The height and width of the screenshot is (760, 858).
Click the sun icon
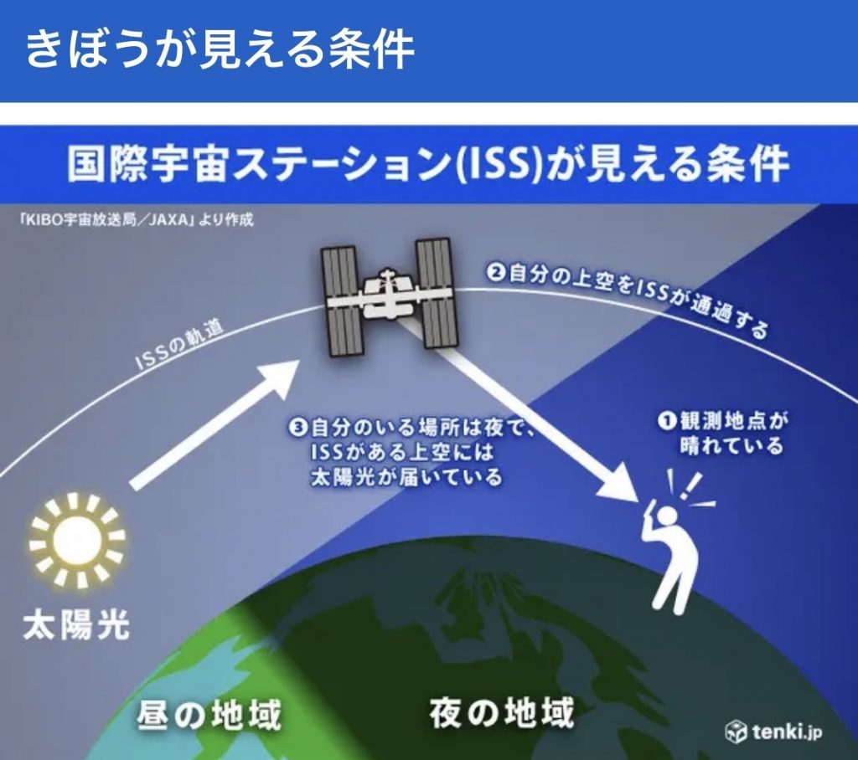(x=77, y=540)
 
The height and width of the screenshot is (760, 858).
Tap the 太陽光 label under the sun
(x=76, y=625)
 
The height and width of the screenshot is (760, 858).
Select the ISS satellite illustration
(x=389, y=297)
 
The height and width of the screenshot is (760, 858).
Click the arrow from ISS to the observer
(x=525, y=414)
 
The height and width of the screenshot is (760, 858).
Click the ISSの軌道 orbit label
(x=179, y=346)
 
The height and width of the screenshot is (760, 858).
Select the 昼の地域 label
(x=209, y=714)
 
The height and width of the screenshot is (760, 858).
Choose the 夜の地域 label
(x=502, y=711)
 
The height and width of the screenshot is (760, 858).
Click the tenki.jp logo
(x=773, y=731)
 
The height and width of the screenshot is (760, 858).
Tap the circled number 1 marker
(x=667, y=421)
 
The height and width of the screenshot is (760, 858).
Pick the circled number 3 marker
(x=300, y=427)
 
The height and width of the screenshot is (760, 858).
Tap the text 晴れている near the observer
(x=732, y=445)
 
